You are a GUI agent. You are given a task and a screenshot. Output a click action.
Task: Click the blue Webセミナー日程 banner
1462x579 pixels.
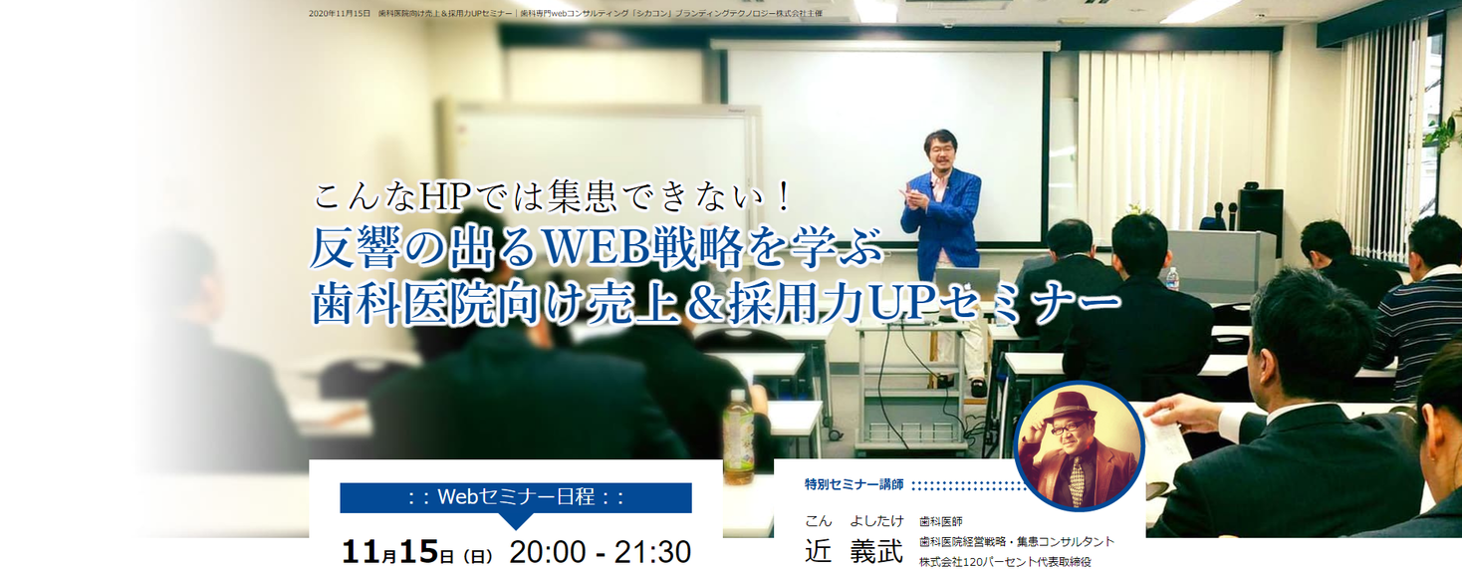click(x=516, y=497)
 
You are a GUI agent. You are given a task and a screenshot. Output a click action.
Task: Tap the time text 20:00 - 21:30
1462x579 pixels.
click(x=600, y=552)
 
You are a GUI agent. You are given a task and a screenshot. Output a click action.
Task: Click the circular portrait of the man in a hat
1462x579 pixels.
click(x=1079, y=445)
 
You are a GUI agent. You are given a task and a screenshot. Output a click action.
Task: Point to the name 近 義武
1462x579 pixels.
click(x=853, y=551)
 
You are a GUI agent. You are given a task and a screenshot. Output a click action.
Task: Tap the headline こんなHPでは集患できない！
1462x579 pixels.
click(x=553, y=196)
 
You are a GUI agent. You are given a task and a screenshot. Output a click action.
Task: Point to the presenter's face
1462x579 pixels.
click(x=940, y=150)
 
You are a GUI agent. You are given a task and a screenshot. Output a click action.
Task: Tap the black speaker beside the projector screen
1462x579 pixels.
click(x=1260, y=210)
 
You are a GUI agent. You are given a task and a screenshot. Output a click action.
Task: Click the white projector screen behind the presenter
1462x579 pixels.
click(x=884, y=144)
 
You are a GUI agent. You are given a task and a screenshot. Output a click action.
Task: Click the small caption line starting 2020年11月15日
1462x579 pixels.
click(x=566, y=13)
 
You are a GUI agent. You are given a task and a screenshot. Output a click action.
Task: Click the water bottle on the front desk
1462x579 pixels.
click(x=1172, y=278)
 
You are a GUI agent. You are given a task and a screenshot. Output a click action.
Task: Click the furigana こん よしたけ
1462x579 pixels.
click(x=853, y=521)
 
